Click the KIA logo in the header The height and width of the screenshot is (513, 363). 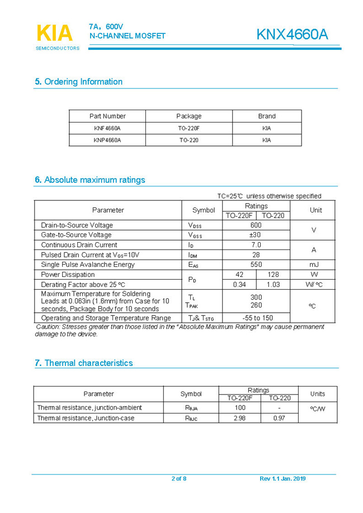click(54, 34)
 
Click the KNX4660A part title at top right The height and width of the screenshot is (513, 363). click(292, 35)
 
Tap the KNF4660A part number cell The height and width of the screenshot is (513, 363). click(107, 128)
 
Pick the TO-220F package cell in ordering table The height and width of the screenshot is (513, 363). click(188, 128)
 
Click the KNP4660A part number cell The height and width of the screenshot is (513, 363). click(107, 140)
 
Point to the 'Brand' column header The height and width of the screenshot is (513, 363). click(267, 116)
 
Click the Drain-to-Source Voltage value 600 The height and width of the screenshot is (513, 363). click(256, 225)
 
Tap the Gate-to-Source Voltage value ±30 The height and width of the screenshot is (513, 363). click(256, 235)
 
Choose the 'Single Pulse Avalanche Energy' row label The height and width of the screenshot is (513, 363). click(88, 265)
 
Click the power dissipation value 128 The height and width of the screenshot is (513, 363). click(273, 275)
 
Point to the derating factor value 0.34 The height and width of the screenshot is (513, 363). click(239, 285)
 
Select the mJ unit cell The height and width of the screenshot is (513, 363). click(314, 265)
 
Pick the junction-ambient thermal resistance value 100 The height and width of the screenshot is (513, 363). click(239, 408)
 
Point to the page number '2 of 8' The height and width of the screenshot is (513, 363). click(179, 478)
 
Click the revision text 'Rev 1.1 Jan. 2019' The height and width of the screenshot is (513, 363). click(283, 478)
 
